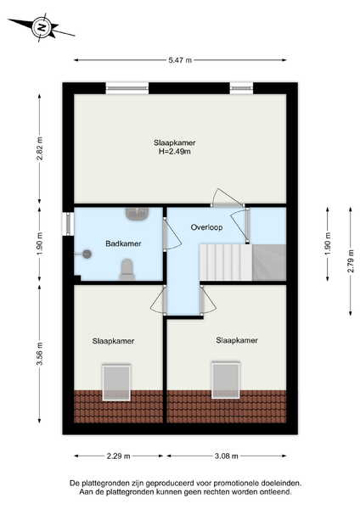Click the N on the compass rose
[x=42, y=27]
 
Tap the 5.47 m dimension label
[x=180, y=59]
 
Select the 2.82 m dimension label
[x=40, y=148]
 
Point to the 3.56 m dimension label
[x=40, y=354]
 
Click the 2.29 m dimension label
[x=119, y=456]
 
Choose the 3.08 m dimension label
[x=227, y=456]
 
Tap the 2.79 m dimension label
[x=351, y=261]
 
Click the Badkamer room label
[x=123, y=243]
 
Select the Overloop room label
[x=206, y=227]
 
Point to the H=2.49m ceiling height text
[x=174, y=151]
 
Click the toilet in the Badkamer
[x=127, y=269]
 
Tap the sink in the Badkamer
[x=137, y=214]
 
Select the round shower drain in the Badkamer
[x=87, y=255]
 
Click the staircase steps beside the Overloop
[x=226, y=262]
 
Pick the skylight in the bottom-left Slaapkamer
[x=116, y=383]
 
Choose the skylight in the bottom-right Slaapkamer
[x=226, y=380]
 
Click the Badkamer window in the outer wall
[x=68, y=224]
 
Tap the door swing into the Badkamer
[x=172, y=234]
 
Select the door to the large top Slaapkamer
[x=227, y=198]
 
